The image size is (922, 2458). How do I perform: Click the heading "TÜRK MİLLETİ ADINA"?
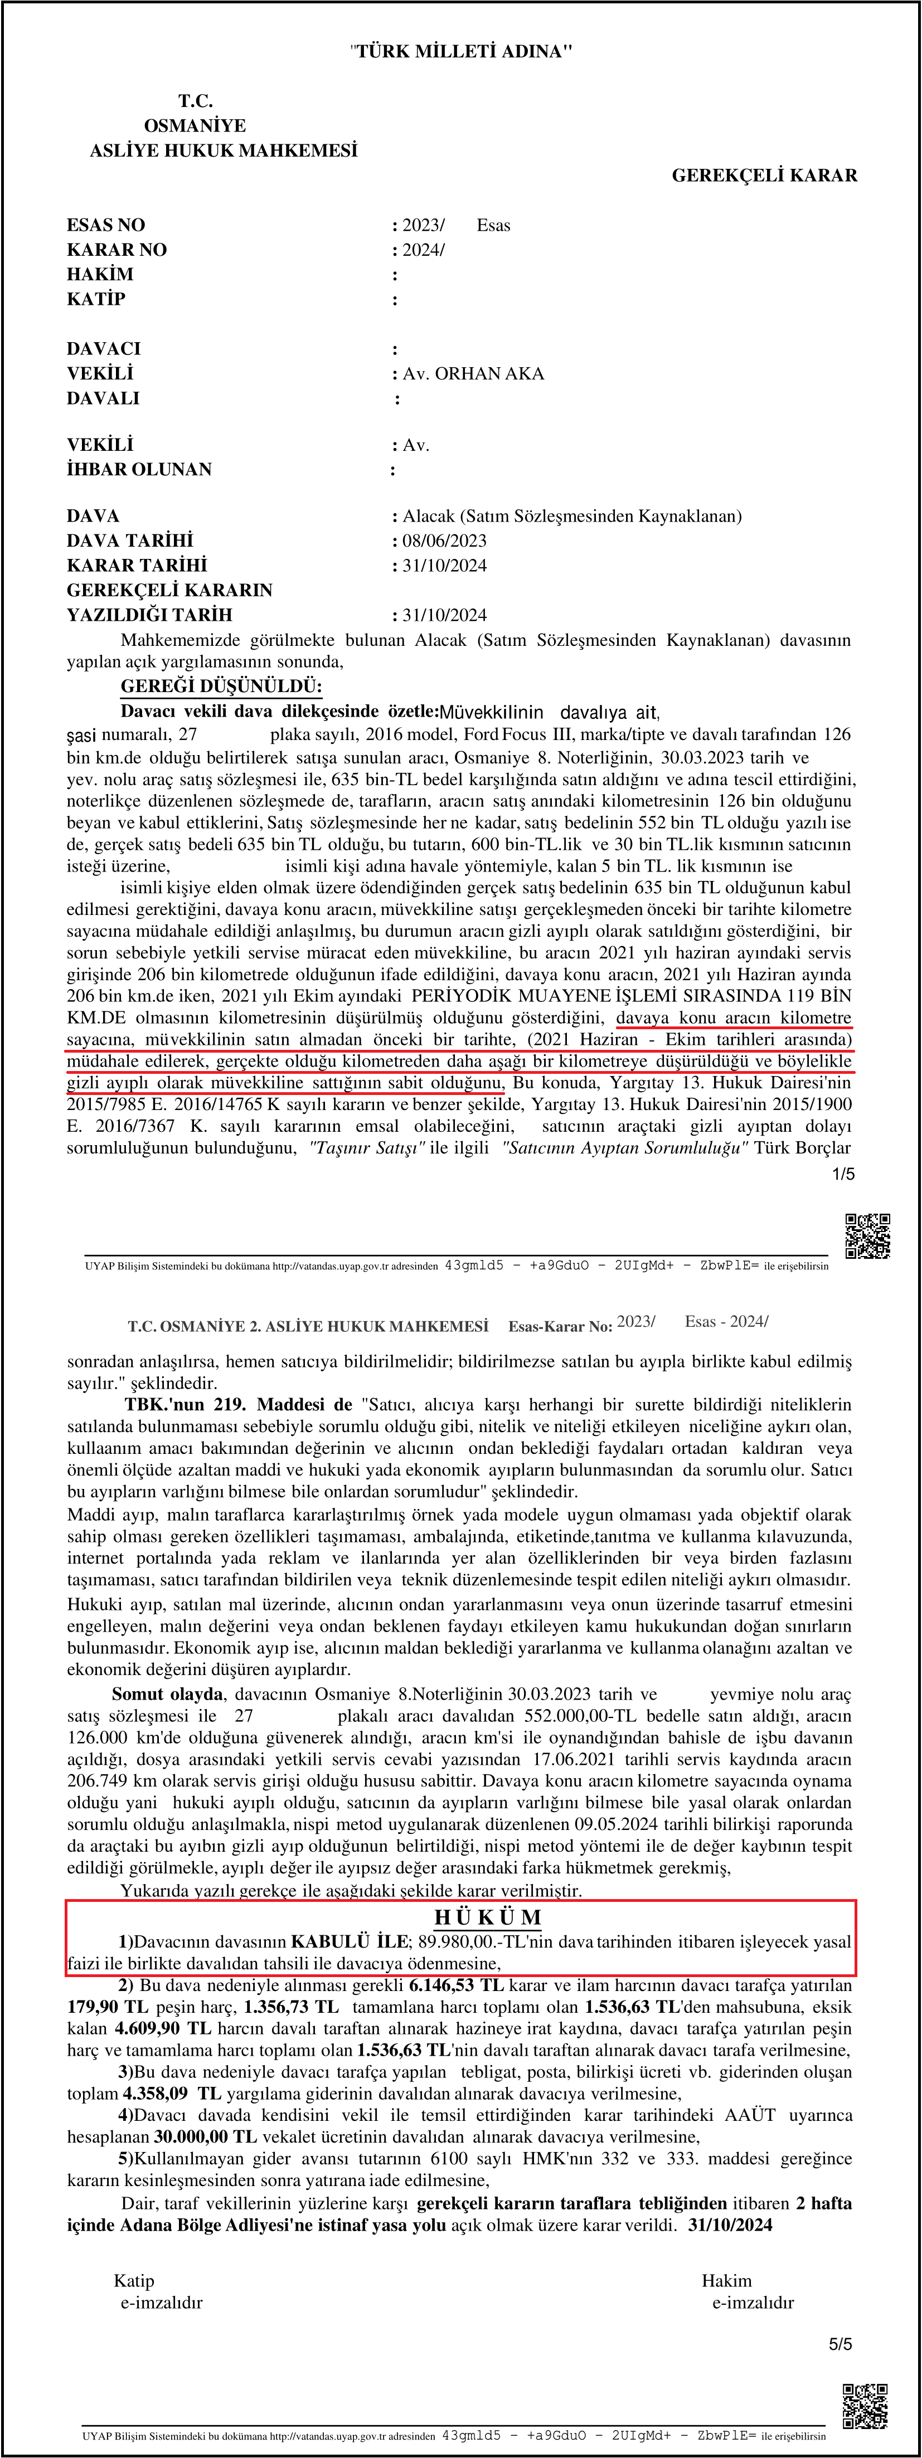point(461,51)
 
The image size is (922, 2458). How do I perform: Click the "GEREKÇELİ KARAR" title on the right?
point(764,176)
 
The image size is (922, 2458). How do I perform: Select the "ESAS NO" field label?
point(106,225)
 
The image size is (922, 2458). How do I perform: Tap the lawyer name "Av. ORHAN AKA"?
point(473,373)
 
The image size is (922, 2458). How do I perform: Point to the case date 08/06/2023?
point(444,540)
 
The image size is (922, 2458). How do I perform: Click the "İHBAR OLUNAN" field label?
point(139,469)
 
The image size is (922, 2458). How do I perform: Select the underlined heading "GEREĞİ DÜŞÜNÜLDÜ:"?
point(221,686)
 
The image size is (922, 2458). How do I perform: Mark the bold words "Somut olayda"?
point(167,1695)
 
